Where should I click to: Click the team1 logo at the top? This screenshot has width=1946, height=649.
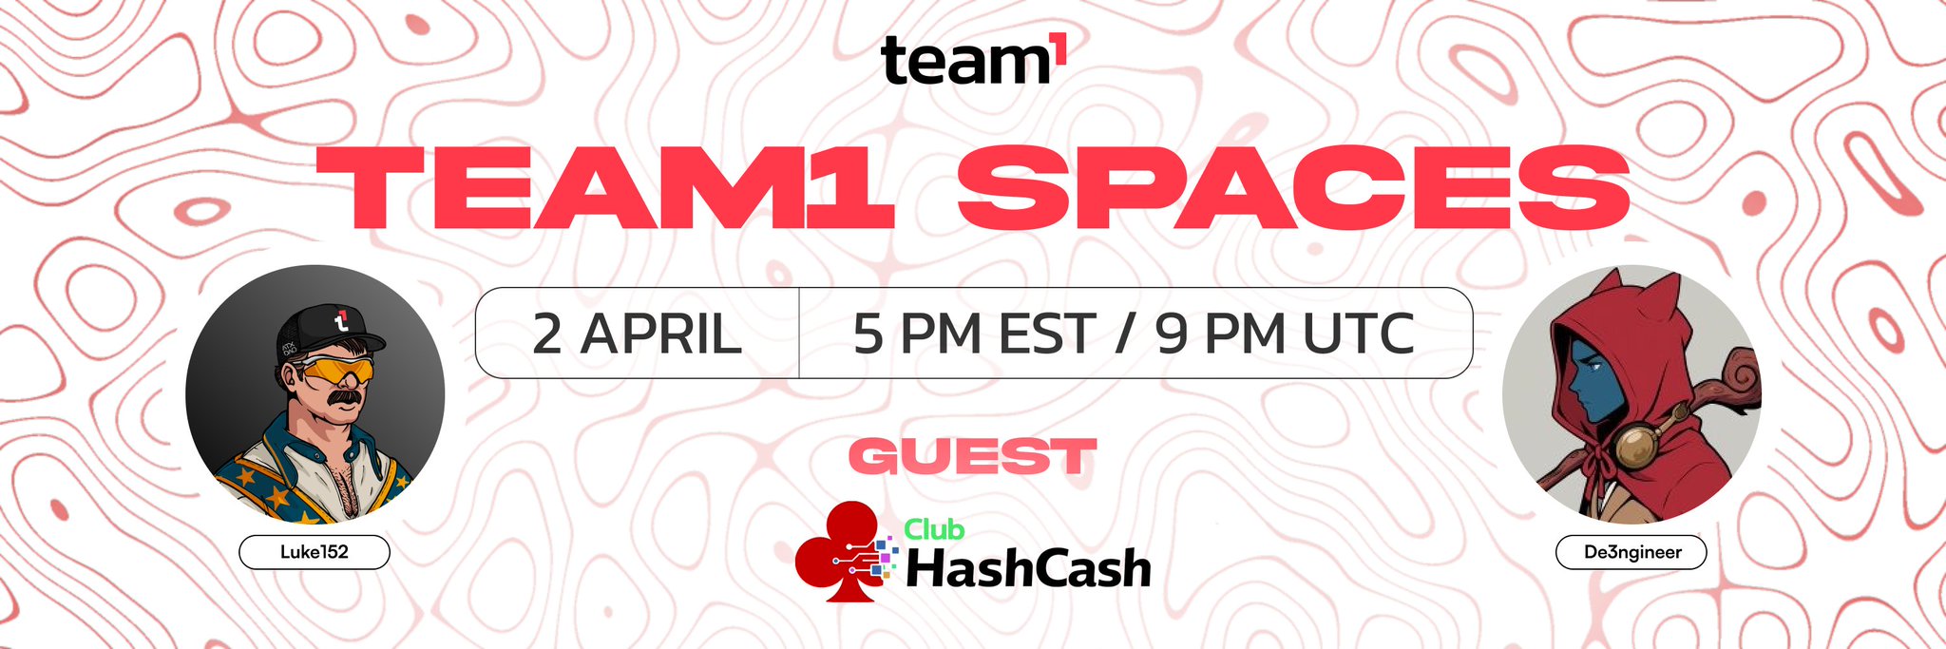tap(974, 60)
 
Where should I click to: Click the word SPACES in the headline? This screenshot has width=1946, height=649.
tap(1293, 188)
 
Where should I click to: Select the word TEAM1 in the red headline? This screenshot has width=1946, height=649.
tap(605, 188)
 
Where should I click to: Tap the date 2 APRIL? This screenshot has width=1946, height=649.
tap(637, 334)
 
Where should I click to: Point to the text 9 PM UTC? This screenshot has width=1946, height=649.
tap(1286, 334)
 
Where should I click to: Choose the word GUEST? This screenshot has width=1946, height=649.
tap(973, 457)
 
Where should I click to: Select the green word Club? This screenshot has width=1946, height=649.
tap(934, 529)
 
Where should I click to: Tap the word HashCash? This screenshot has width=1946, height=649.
tap(1028, 569)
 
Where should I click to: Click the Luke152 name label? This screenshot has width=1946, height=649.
tap(315, 552)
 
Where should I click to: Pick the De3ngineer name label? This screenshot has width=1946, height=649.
tap(1631, 552)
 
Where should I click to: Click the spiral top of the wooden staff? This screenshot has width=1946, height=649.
tap(1736, 373)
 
